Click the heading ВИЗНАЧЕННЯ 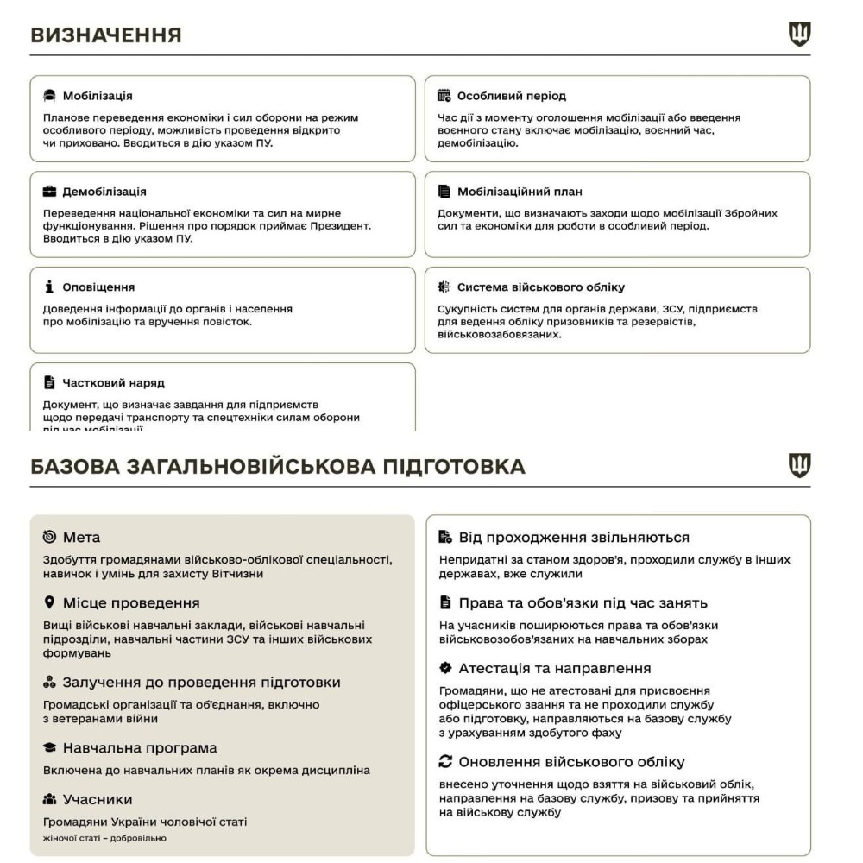pos(106,35)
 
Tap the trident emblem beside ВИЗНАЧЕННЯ pos(800,35)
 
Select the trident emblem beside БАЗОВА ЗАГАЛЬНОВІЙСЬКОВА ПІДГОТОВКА pos(800,466)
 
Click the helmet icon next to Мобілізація pos(50,96)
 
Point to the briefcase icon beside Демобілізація pos(50,192)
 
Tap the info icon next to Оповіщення pos(50,287)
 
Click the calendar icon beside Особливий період pos(444,96)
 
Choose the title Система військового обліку pos(540,287)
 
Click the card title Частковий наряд pos(113,382)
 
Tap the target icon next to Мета pos(49,538)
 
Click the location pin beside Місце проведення pos(49,602)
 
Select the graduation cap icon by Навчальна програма pos(49,747)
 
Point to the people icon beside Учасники pos(49,799)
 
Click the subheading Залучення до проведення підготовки pos(201,682)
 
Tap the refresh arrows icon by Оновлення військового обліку pos(445,762)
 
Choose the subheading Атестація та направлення pos(554,668)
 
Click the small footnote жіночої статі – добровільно pos(104,838)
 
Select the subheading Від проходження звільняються pos(574,537)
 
